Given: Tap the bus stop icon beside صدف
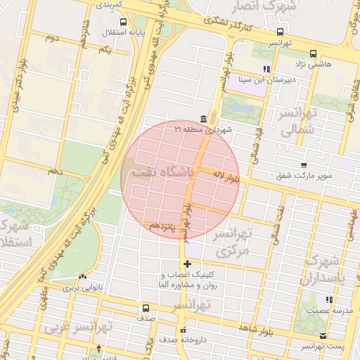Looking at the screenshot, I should click(x=146, y=308).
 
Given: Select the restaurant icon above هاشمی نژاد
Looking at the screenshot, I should click(x=266, y=69).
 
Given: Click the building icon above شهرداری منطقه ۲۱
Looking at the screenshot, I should click(x=203, y=117).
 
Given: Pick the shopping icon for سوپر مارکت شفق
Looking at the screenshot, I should click(x=303, y=164).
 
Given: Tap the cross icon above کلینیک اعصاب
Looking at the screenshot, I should click(x=187, y=264).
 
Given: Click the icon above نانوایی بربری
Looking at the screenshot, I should click(x=84, y=277).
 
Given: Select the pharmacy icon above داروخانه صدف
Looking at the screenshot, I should click(x=184, y=329).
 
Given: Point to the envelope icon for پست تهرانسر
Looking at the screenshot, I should click(x=323, y=336).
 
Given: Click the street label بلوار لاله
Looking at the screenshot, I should click(x=228, y=177).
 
